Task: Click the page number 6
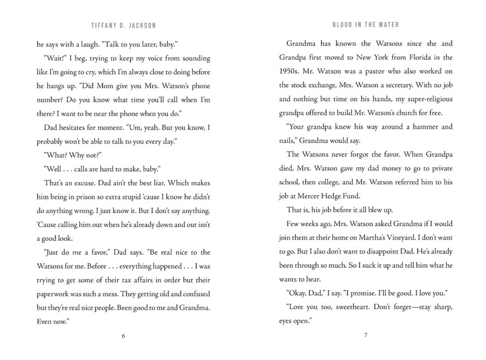click(x=124, y=336)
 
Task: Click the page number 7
click(x=366, y=336)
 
